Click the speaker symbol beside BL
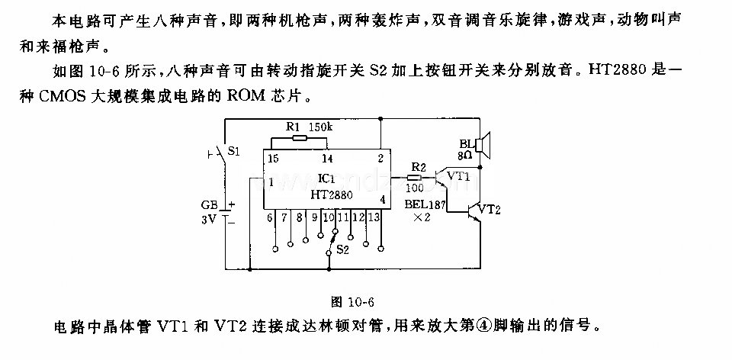483,145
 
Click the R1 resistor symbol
299,137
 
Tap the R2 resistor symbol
413,178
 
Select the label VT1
458,176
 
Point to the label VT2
490,210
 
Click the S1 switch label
234,151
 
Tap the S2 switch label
342,250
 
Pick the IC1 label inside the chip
326,178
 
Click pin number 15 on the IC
273,158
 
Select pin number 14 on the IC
328,159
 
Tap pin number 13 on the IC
374,217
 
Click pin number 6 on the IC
269,217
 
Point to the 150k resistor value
321,127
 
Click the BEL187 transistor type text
425,204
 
